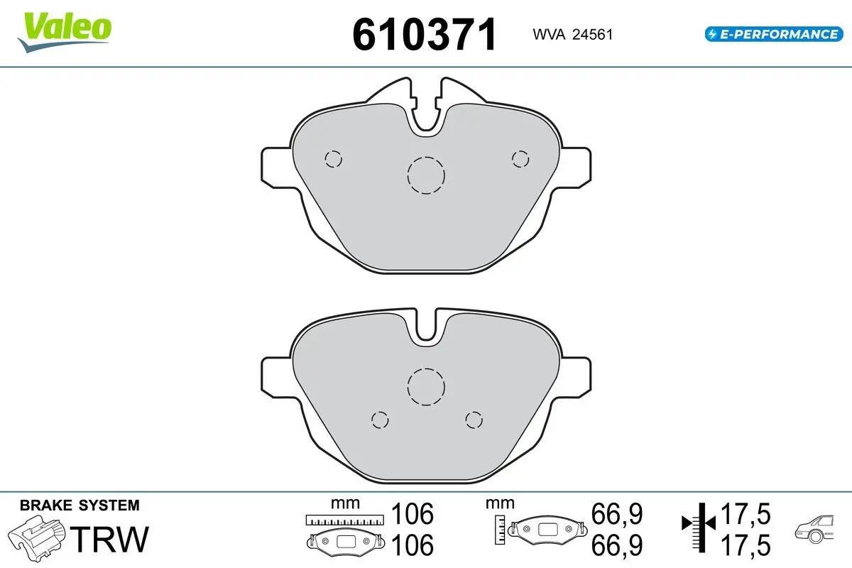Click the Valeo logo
(x=64, y=33)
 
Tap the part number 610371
(x=424, y=35)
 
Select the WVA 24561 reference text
(x=573, y=35)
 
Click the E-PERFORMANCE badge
(x=774, y=34)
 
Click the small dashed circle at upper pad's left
(x=333, y=151)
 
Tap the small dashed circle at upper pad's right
(x=520, y=151)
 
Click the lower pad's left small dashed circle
(x=380, y=412)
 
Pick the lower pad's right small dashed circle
(x=474, y=412)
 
